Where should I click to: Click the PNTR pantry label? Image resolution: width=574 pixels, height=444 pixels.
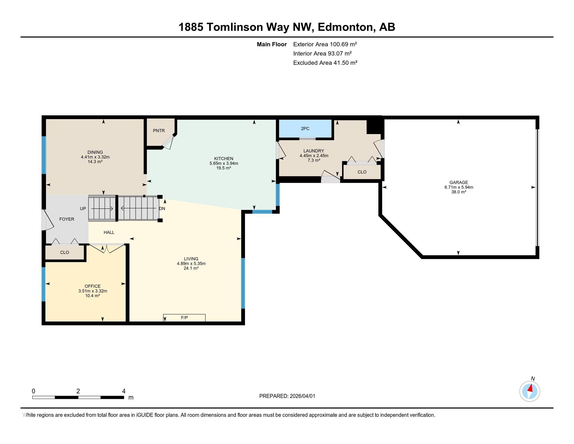coord(159,131)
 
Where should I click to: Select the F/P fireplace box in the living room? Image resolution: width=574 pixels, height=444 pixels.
coord(184,318)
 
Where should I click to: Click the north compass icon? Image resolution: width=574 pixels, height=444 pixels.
coord(530,392)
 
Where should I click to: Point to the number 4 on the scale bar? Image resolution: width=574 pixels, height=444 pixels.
coord(123,391)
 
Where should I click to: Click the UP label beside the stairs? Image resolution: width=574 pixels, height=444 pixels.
coord(83,209)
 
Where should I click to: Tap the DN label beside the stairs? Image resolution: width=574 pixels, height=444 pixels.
coord(162,209)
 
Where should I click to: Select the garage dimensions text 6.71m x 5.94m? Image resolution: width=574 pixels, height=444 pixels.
coord(459,187)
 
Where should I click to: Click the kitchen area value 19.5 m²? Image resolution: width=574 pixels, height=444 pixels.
coord(223,168)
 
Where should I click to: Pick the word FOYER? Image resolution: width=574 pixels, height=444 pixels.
coord(67,219)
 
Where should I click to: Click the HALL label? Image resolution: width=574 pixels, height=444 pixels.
coord(109,232)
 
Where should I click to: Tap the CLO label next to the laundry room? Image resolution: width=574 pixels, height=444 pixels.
coord(362,172)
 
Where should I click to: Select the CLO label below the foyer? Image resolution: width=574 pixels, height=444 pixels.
coord(64,253)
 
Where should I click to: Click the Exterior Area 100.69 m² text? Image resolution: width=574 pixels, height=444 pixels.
coord(325,44)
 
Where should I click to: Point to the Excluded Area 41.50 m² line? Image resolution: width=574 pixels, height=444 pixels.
coord(325,63)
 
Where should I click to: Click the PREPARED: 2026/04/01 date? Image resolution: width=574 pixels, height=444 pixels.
coord(287,396)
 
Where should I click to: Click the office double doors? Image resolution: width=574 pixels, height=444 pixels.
coord(107,248)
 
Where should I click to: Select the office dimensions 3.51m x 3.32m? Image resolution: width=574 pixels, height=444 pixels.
coord(93,291)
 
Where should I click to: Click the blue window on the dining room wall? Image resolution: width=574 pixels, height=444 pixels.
coord(44,155)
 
